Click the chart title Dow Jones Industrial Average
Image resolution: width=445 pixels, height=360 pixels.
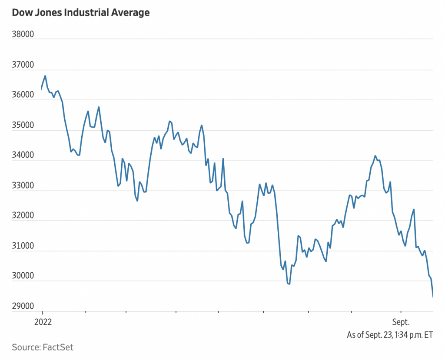80,13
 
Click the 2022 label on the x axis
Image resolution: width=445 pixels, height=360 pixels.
43,322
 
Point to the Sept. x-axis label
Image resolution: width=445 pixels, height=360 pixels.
401,322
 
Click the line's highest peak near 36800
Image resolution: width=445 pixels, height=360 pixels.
45,76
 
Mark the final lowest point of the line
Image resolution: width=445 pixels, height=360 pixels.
433,297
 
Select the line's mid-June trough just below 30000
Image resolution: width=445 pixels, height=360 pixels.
289,284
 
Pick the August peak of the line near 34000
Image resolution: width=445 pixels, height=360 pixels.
375,156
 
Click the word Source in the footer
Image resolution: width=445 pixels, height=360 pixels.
25,347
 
